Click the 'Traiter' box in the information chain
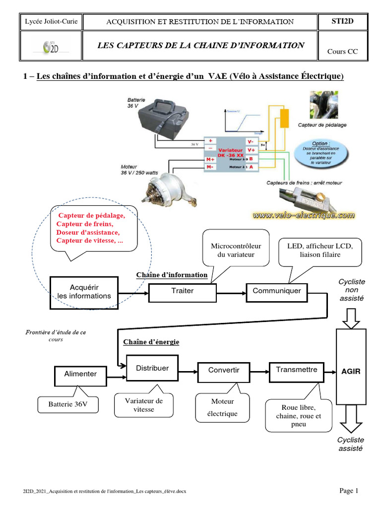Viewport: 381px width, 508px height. pyautogui.click(x=183, y=291)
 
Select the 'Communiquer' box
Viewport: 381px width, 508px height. pyautogui.click(x=277, y=291)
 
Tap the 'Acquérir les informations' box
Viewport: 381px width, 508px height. pyautogui.click(x=84, y=292)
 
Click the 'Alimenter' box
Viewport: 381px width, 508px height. pyautogui.click(x=80, y=374)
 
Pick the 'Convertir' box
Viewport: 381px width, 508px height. pyautogui.click(x=224, y=371)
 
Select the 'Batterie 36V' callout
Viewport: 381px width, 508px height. pyautogui.click(x=68, y=404)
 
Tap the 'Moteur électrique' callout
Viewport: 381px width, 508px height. pyautogui.click(x=223, y=407)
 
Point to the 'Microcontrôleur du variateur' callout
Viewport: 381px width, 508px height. pyautogui.click(x=236, y=250)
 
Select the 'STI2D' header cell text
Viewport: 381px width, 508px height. pyautogui.click(x=342, y=21)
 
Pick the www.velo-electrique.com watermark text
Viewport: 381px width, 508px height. pyautogui.click(x=304, y=215)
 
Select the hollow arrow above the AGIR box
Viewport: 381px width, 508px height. pyautogui.click(x=351, y=318)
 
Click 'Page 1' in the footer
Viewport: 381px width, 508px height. pyautogui.click(x=349, y=491)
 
